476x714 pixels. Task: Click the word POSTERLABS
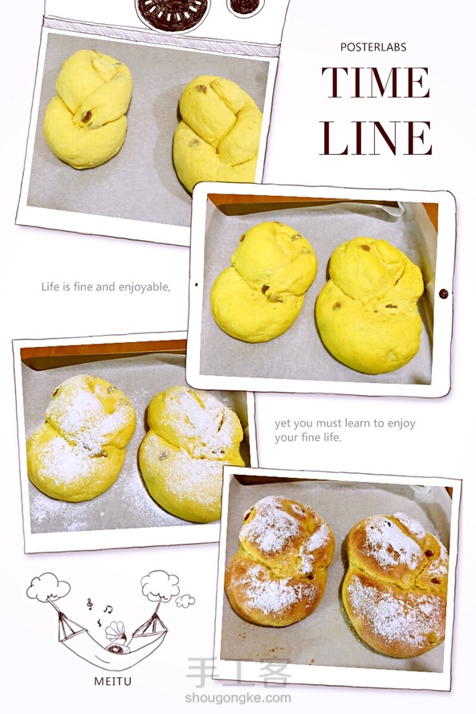(373, 47)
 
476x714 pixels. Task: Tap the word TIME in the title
(376, 83)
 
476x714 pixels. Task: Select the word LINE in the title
(376, 138)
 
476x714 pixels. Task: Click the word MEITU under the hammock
(113, 681)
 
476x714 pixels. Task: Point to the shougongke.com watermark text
(238, 698)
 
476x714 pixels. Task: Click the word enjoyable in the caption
(144, 287)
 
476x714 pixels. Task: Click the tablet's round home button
(443, 294)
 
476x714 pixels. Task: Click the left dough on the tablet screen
(263, 282)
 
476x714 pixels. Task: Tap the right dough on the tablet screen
(369, 305)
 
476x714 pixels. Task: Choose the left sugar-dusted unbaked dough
(81, 438)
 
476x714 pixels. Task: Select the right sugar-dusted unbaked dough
(191, 454)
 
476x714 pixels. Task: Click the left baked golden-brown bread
(279, 561)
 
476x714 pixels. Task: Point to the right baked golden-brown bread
(395, 585)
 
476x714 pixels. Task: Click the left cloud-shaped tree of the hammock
(48, 587)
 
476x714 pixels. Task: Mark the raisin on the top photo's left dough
(86, 116)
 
